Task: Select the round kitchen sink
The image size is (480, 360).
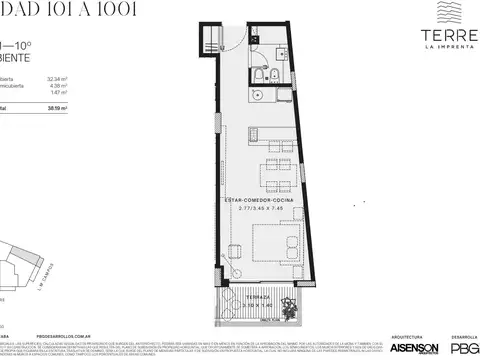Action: pos(257,97)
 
